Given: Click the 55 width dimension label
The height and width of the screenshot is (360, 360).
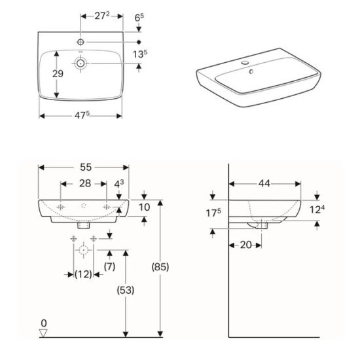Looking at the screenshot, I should [x=84, y=167].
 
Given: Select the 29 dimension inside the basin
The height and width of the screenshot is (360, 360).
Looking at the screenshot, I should [x=58, y=75].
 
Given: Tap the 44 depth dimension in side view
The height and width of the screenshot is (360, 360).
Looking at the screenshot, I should [x=264, y=184].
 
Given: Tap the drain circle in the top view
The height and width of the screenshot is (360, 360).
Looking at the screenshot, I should [x=81, y=63].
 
